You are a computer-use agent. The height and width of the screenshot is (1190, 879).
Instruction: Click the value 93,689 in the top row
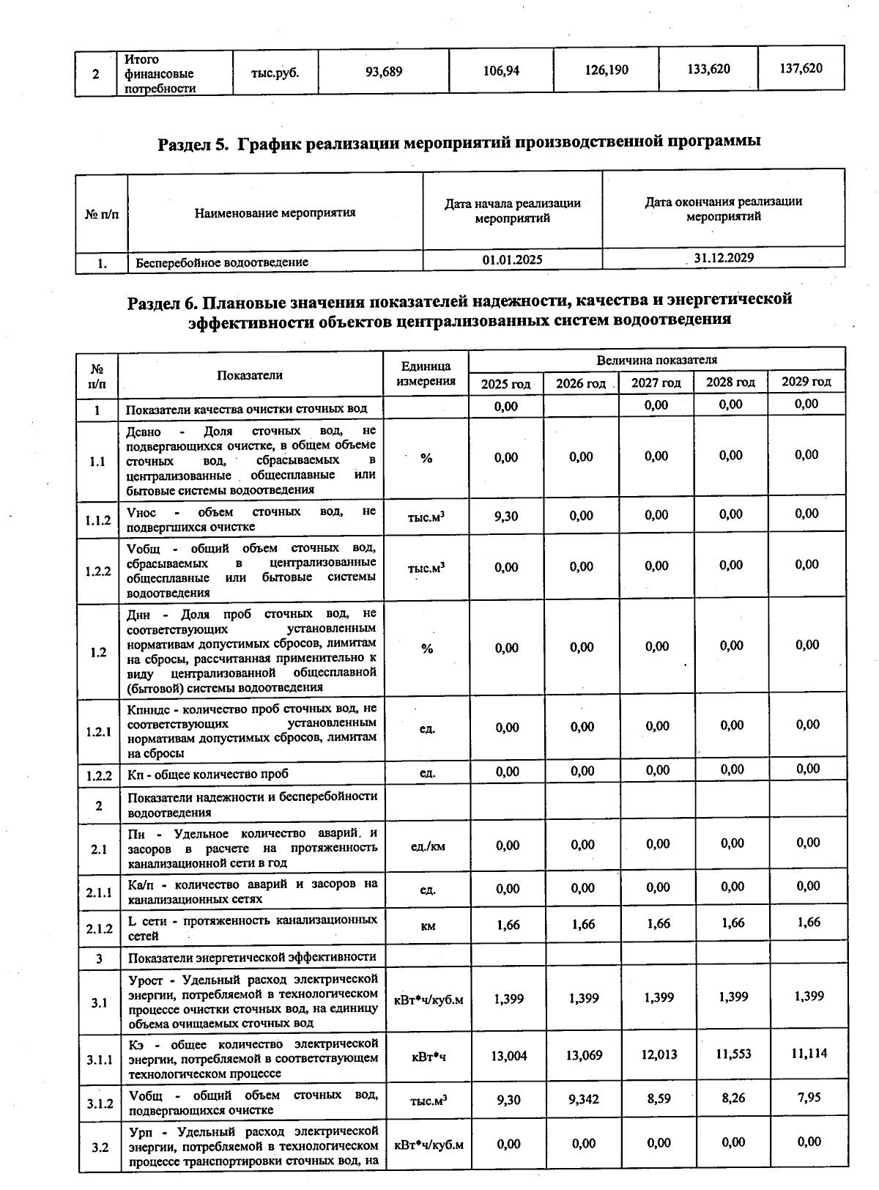384,71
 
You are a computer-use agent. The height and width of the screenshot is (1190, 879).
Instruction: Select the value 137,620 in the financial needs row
801,68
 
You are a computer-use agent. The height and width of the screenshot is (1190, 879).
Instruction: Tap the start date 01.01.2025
512,259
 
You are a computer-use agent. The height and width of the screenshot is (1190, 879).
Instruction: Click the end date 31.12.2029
724,258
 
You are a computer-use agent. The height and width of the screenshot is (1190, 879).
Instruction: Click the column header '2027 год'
656,382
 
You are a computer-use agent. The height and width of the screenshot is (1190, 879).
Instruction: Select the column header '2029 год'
806,381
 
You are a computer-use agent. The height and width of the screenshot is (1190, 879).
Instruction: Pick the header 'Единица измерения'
426,374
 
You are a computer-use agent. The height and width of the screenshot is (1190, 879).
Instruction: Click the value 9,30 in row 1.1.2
506,516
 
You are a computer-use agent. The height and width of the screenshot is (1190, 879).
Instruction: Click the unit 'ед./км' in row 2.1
428,846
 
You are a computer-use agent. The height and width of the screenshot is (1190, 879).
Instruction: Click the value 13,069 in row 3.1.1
584,1055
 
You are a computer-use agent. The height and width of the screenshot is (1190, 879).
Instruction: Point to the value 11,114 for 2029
809,1053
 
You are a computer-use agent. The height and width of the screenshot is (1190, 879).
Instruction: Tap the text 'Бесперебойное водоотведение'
222,262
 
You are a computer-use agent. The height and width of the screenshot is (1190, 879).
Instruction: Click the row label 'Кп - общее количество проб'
208,774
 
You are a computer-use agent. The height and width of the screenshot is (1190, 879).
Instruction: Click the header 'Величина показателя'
656,360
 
